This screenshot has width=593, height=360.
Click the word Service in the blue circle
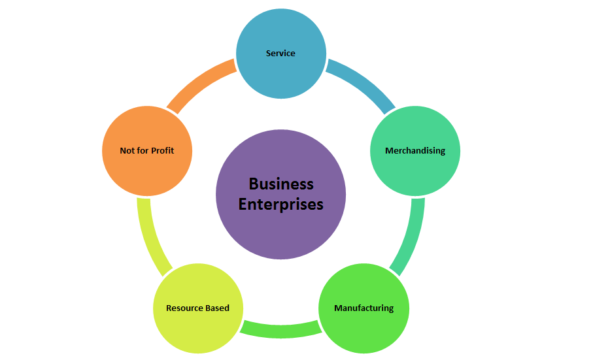click(x=280, y=53)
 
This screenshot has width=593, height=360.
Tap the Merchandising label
click(x=415, y=151)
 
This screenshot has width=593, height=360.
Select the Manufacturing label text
click(x=364, y=308)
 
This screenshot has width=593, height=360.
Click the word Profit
click(x=163, y=151)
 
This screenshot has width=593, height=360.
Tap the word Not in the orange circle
click(x=127, y=151)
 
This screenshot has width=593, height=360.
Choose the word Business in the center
click(x=281, y=184)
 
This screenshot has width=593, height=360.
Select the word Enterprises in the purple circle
click(x=281, y=204)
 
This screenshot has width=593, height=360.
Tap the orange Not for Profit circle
click(x=147, y=173)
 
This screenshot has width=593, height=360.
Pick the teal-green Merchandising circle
click(x=415, y=173)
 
